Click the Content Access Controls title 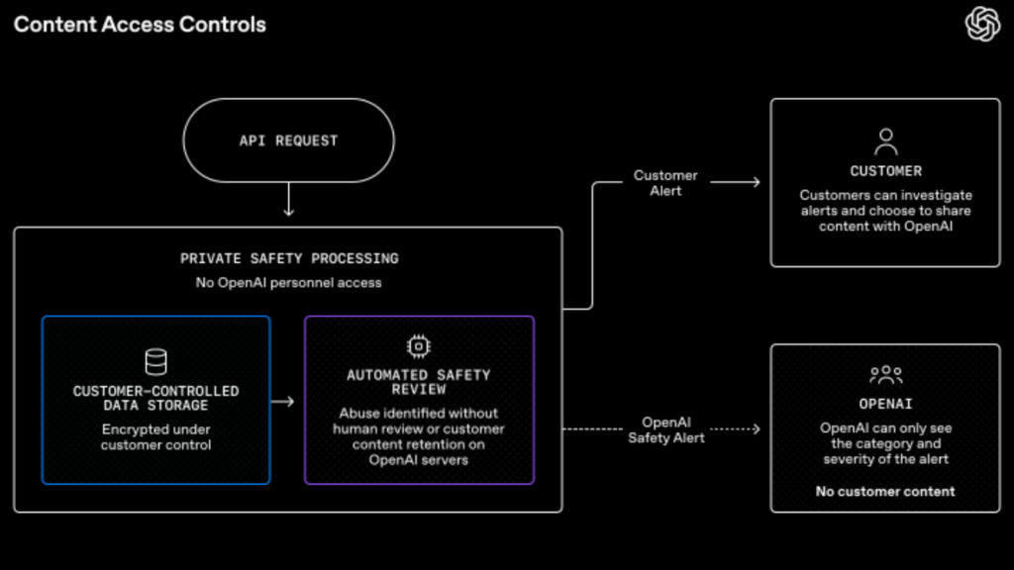tap(140, 25)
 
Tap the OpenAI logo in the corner tap(982, 24)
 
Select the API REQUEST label tap(288, 141)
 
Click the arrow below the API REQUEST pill tap(288, 199)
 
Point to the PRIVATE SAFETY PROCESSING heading tap(289, 258)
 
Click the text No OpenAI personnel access tap(288, 282)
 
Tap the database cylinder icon tap(155, 362)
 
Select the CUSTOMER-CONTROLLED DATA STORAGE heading tap(155, 398)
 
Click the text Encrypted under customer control tap(155, 436)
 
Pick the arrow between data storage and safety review tap(282, 402)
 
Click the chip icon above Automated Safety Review tap(419, 347)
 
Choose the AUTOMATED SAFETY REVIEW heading tap(419, 382)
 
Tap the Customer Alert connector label tap(665, 183)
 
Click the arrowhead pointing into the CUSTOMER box tap(756, 182)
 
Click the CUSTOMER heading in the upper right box tap(886, 171)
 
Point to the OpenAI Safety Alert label tap(666, 429)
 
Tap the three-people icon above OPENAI tap(886, 375)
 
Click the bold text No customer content tap(885, 491)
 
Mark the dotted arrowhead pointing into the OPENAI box tap(756, 429)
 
